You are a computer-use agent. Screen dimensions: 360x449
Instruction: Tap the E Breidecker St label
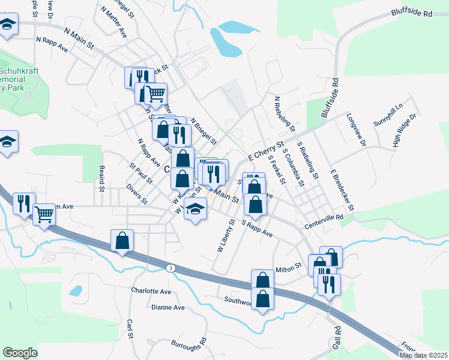pyautogui.click(x=343, y=190)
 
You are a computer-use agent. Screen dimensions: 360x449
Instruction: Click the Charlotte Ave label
pyautogui.click(x=151, y=291)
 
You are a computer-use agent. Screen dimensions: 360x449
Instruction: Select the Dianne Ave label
pyautogui.click(x=168, y=307)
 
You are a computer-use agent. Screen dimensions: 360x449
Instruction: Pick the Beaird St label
pyautogui.click(x=102, y=178)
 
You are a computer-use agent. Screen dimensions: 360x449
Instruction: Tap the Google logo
pyautogui.click(x=20, y=353)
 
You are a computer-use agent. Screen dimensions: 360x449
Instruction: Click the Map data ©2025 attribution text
pyautogui.click(x=423, y=355)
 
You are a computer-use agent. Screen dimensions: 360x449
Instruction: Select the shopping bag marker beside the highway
pyautogui.click(x=122, y=241)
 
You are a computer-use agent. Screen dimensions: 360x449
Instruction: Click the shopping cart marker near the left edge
pyautogui.click(x=44, y=214)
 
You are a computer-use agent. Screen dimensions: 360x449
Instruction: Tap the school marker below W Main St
pyautogui.click(x=195, y=209)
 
